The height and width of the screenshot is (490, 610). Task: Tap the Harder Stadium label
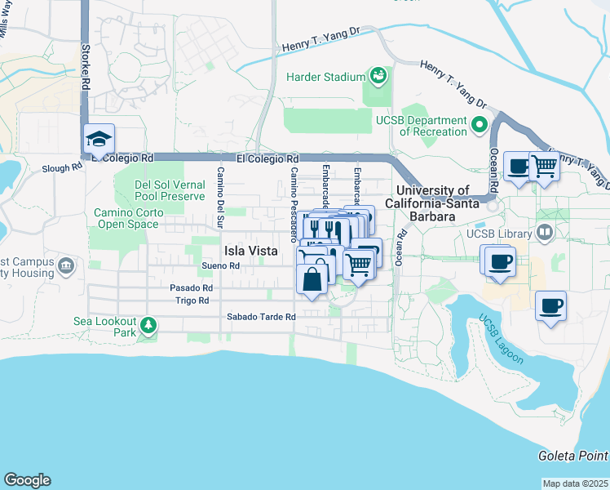[325, 77]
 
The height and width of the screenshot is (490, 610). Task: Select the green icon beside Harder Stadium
[378, 77]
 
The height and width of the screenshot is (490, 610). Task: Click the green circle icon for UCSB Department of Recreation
[480, 126]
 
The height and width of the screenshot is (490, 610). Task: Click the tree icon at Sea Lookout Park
[148, 327]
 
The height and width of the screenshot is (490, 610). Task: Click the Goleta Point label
[572, 455]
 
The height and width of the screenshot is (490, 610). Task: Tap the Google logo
[27, 480]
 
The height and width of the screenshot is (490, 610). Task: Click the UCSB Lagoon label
[501, 340]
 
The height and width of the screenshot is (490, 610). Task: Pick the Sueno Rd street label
[221, 265]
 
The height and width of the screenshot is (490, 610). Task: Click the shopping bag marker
[313, 278]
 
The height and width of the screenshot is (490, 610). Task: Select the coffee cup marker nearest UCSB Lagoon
[550, 305]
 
